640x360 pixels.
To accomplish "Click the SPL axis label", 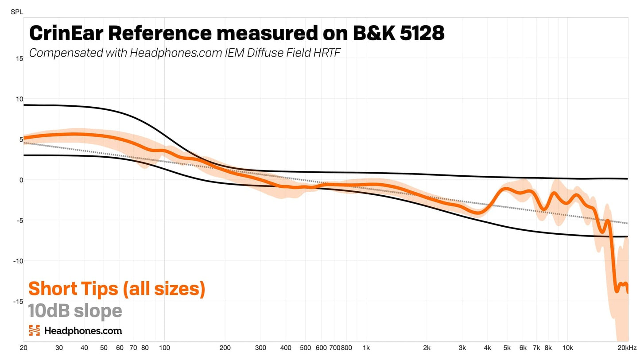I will click(16, 12).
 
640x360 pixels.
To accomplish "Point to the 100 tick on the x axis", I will click(164, 348).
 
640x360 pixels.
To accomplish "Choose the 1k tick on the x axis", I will click(366, 348).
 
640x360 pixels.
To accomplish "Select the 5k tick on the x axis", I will click(507, 348).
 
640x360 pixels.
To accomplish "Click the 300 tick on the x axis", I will click(260, 348).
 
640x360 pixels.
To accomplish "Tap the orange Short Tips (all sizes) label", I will click(117, 289).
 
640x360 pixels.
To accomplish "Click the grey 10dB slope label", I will click(75, 311).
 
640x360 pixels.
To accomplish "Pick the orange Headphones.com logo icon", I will click(34, 330).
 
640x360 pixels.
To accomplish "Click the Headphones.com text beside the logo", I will click(83, 330).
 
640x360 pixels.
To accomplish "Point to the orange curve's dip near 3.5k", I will click(477, 213).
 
